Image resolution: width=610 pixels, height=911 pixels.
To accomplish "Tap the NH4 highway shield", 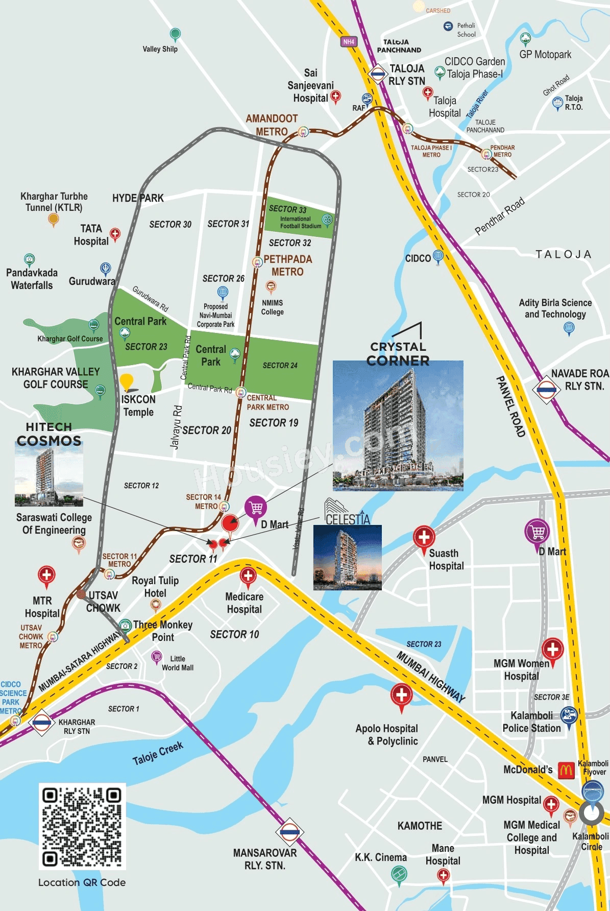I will (349, 42).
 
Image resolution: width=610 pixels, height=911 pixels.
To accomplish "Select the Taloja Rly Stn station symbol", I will (378, 75).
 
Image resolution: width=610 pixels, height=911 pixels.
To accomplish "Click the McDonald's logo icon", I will (566, 770).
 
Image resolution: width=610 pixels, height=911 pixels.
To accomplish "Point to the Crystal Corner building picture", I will (398, 425).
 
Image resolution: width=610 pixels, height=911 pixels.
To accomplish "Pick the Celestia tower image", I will (347, 557).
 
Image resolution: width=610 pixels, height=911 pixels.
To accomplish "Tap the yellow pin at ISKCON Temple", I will (127, 382).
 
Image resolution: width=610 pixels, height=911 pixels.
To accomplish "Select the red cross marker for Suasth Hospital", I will (424, 538).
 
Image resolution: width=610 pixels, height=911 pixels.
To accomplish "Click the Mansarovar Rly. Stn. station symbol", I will (289, 832).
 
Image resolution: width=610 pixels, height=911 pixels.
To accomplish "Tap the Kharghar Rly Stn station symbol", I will (41, 723).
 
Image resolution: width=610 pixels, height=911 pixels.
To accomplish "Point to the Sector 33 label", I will (287, 209).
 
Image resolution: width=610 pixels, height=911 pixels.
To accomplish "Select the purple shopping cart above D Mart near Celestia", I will (256, 508).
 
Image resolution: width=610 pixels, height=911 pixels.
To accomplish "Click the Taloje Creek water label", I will (158, 753).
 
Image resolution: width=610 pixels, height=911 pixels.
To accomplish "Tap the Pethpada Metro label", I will (287, 266).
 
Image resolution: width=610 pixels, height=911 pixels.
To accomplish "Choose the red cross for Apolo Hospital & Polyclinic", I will (402, 696).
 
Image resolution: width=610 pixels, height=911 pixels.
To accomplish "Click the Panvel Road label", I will (510, 407).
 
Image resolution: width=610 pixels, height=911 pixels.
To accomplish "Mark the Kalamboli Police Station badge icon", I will (569, 716).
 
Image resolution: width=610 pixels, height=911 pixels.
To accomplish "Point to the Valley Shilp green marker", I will (175, 35).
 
